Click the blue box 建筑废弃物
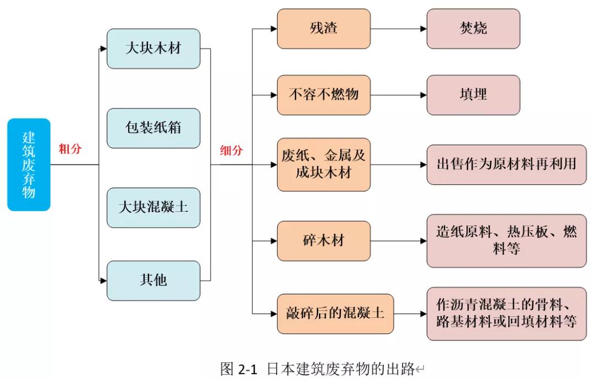(x=29, y=164)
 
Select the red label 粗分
(x=70, y=149)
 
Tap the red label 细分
(x=231, y=151)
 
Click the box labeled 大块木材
(x=153, y=48)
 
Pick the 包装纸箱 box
(x=153, y=128)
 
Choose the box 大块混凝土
(x=153, y=207)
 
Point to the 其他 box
(x=153, y=281)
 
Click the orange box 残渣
(x=323, y=28)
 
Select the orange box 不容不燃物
(x=323, y=95)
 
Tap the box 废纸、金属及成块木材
(x=323, y=164)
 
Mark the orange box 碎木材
(x=323, y=240)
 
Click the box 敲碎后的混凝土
(x=335, y=314)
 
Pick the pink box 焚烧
(x=473, y=28)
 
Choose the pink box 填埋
(x=473, y=95)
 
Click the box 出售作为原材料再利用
(x=506, y=164)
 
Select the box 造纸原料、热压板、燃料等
(x=506, y=240)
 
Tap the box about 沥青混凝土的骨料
(x=506, y=314)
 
